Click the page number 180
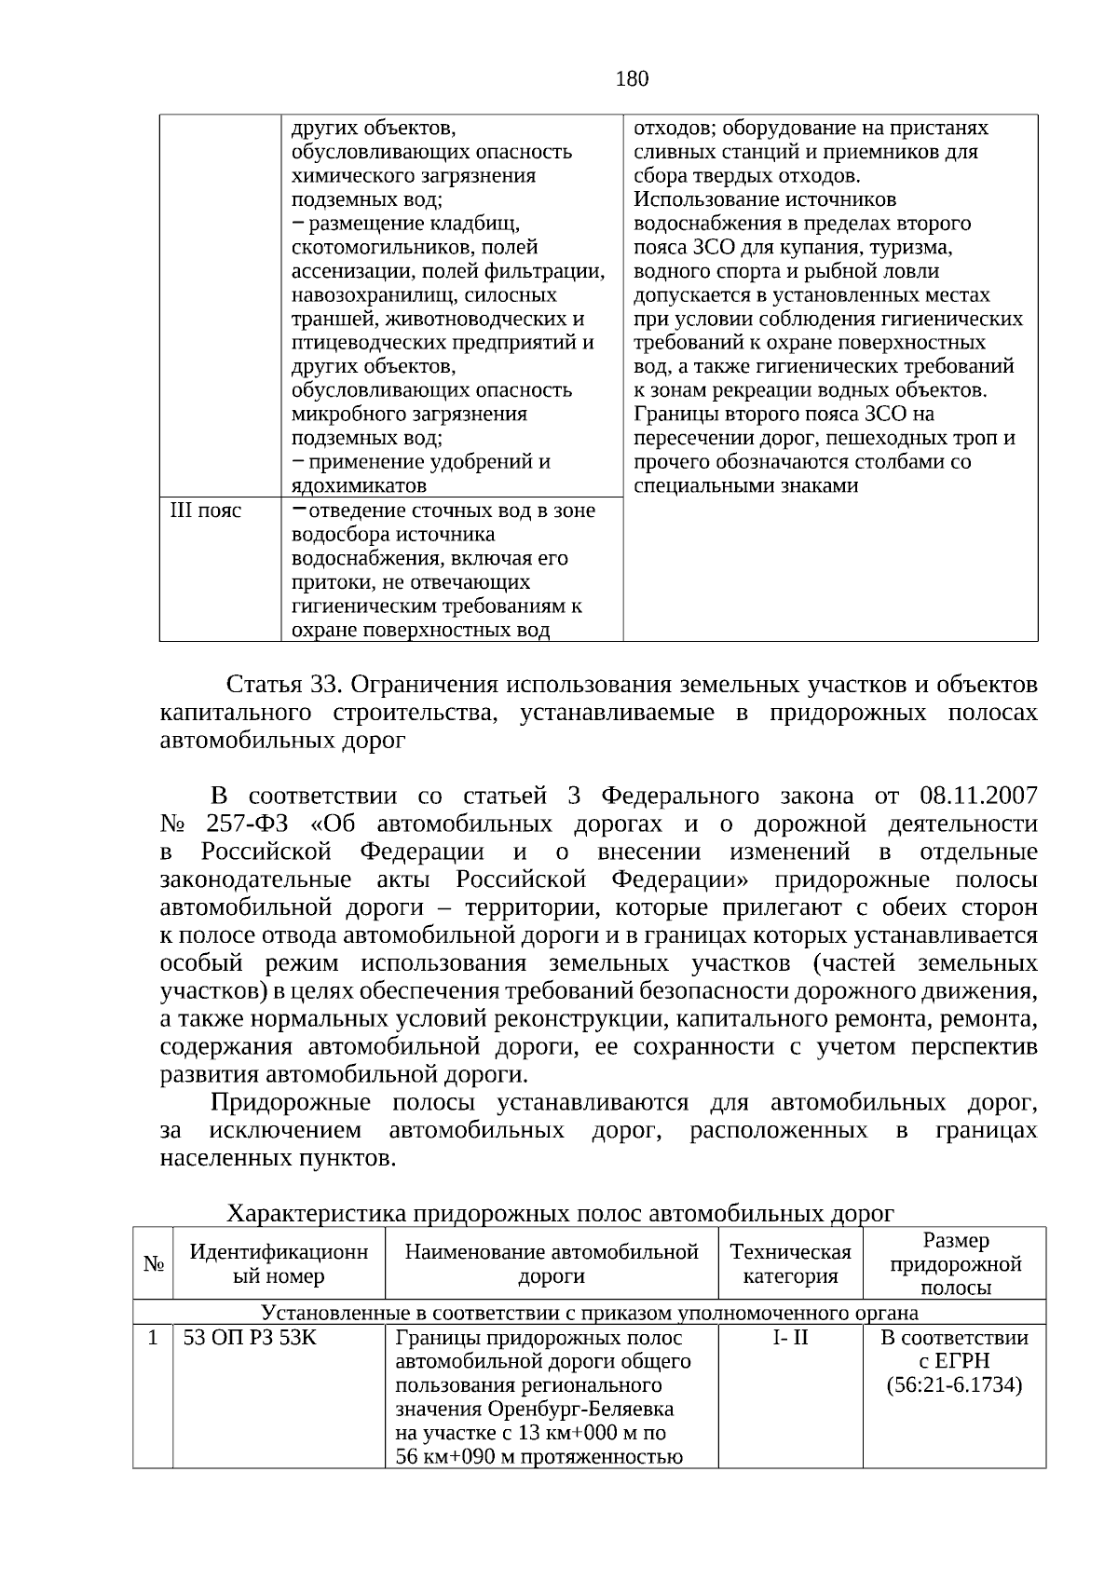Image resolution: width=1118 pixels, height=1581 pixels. tap(632, 79)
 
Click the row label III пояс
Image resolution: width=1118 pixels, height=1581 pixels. tap(205, 511)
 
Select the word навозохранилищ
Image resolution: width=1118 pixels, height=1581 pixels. tap(359, 295)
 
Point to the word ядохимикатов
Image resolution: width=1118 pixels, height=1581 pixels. tap(359, 486)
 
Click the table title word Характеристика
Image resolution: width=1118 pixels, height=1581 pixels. tap(316, 1214)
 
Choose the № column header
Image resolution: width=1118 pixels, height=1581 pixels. tap(154, 1264)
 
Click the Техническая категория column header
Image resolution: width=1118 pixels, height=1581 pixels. tap(790, 1264)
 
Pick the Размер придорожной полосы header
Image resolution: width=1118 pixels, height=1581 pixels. tap(955, 1264)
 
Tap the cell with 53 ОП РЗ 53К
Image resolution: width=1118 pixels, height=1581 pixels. tap(250, 1338)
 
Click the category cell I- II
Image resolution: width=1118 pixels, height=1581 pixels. tap(790, 1338)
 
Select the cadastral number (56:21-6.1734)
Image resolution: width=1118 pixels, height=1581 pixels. tap(955, 1385)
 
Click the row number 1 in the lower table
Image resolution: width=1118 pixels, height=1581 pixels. tap(153, 1338)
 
